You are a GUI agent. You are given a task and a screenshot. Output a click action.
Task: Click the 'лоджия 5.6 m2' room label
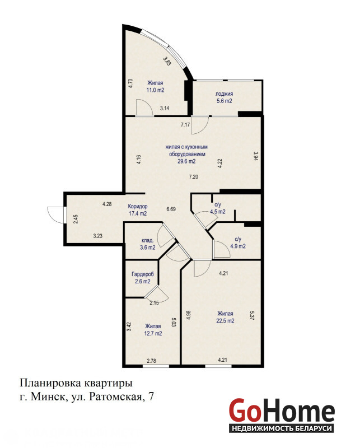(x=224, y=97)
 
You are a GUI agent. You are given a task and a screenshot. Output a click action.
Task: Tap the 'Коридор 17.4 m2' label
(x=138, y=209)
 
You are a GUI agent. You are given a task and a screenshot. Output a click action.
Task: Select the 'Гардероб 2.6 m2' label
(x=143, y=278)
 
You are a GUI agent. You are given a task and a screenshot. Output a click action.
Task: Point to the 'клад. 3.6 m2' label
(x=148, y=244)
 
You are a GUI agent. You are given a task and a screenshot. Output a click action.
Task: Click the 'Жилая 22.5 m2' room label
(x=225, y=317)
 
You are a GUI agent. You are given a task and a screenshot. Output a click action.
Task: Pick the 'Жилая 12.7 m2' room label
(x=153, y=330)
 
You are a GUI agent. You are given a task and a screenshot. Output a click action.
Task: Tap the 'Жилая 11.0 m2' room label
(x=155, y=87)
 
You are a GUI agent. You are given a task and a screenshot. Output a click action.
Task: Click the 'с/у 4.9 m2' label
(x=238, y=242)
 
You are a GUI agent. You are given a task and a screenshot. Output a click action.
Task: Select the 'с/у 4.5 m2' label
(x=218, y=208)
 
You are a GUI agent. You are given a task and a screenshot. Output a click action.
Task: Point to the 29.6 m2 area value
(x=186, y=161)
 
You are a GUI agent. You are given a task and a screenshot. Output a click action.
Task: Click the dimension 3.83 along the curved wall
(x=167, y=61)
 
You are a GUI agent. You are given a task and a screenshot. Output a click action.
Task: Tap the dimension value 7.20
(x=193, y=176)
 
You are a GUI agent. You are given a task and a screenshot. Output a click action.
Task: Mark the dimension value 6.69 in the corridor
(x=171, y=209)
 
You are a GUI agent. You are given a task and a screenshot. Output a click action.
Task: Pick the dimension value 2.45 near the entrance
(x=76, y=219)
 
